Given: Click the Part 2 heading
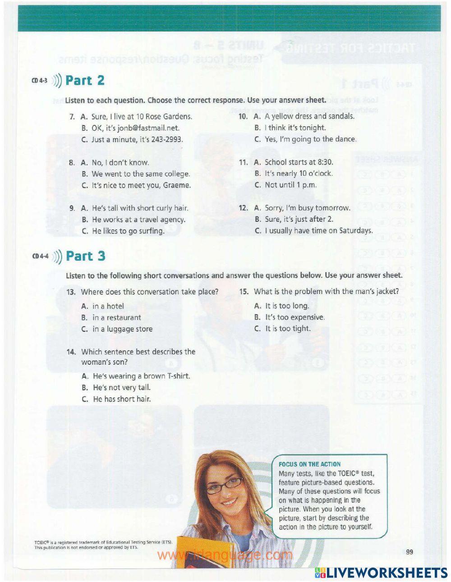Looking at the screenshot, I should (x=85, y=81).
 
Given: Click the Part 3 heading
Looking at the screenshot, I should (x=85, y=256).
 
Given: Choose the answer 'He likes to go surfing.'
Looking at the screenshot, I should (x=128, y=231).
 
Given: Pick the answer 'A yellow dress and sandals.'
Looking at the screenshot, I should (x=309, y=116).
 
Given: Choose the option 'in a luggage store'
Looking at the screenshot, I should (x=122, y=329).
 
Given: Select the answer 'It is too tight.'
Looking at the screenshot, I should (x=288, y=329).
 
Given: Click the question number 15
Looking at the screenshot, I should (x=244, y=292).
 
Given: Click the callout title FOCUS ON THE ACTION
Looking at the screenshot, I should (x=309, y=464).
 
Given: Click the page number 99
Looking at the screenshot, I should (x=410, y=552).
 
